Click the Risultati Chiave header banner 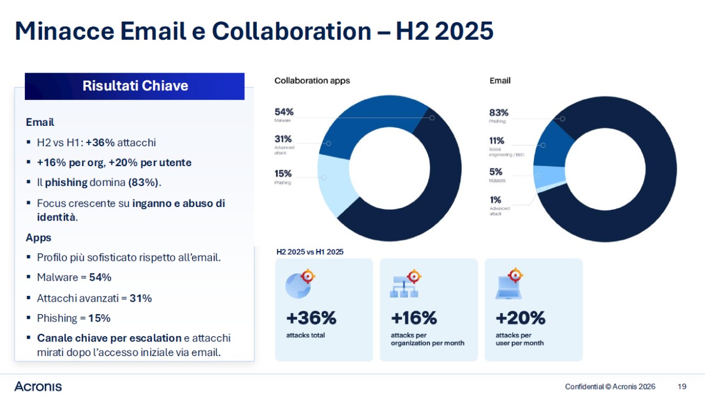coord(135,86)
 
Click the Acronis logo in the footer coord(38,387)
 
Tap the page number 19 coord(682,387)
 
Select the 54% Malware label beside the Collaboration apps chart coord(284,115)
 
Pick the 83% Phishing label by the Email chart coord(499,115)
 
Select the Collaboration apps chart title coord(312,81)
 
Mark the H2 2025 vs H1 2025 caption coord(309,252)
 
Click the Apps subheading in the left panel coord(39,238)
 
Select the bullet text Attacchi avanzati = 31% coord(94,298)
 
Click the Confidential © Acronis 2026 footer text coord(610,387)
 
